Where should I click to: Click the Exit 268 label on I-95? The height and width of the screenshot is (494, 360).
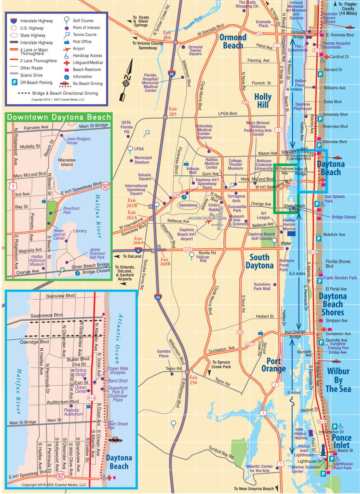167,35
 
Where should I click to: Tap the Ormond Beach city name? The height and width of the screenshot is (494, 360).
233,42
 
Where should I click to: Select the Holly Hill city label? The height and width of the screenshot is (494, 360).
263,100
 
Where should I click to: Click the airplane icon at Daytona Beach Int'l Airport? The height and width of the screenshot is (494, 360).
209,222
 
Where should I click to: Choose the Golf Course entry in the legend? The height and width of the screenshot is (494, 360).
83,21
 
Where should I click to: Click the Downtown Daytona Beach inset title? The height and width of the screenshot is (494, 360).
58,117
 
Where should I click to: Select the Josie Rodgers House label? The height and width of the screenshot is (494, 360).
78,140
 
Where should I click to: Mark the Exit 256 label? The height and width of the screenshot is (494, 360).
193,380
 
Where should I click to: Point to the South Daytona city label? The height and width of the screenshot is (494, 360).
260,261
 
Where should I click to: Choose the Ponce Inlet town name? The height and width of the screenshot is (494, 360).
341,441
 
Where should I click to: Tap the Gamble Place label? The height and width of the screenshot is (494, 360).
163,354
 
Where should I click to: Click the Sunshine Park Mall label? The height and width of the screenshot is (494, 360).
262,287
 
